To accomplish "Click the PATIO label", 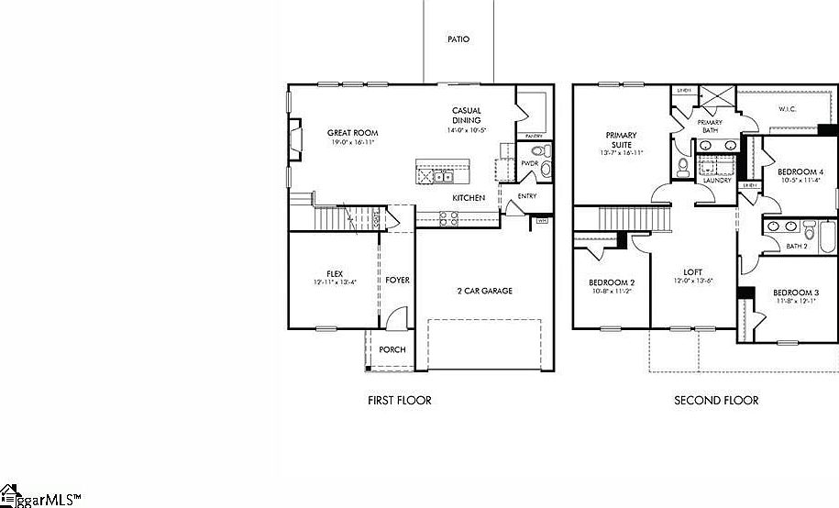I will tap(458, 39).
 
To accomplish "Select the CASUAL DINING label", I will tap(467, 116).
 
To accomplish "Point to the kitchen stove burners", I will tap(449, 217).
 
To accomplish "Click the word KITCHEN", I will tap(468, 198).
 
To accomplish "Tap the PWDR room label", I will tap(529, 163).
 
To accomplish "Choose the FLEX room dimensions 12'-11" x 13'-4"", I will tap(334, 282).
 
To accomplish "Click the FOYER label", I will tap(397, 280).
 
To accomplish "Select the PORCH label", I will tap(392, 349).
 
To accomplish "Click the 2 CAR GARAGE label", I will tap(485, 291).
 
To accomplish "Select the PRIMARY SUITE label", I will tap(621, 139).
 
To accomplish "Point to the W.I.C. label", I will tap(789, 110).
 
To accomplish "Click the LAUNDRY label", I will tap(716, 180).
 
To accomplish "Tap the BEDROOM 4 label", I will tap(800, 171).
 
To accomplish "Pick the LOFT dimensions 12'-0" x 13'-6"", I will tap(692, 281).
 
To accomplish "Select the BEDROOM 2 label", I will tap(610, 282).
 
